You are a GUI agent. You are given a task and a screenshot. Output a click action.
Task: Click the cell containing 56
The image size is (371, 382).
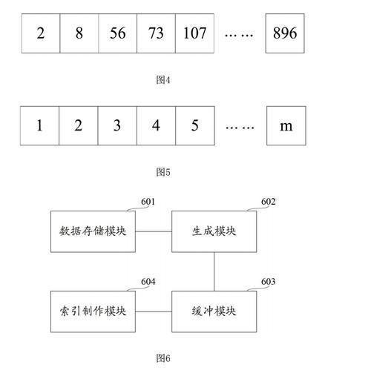117,33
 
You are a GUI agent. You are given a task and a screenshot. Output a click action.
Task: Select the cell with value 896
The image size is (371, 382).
286,33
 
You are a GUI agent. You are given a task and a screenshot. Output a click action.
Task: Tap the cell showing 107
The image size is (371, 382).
194,33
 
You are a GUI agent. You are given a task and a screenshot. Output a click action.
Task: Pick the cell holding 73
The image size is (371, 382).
156,33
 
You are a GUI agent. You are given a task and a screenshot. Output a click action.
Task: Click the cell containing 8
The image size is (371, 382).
79,33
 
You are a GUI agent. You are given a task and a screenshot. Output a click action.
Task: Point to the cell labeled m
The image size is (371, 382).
286,125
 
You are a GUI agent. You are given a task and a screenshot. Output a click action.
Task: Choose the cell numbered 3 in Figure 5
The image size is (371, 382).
117,125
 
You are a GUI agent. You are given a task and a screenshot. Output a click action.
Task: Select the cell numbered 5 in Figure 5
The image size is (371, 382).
194,125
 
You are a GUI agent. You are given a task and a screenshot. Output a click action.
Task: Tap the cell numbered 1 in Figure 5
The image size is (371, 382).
40,125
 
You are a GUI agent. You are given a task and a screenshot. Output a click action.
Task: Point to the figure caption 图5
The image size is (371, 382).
163,172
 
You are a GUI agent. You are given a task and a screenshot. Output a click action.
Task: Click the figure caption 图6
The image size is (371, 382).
163,358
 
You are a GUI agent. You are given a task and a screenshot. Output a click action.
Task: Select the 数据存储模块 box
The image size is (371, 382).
93,231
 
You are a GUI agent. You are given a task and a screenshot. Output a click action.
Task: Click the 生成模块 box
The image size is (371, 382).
214,231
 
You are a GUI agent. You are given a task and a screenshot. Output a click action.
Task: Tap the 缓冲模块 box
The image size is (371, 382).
214,310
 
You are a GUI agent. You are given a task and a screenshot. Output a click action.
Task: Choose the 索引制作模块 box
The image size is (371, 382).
93,310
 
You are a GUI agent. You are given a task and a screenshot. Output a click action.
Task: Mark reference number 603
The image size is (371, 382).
269,282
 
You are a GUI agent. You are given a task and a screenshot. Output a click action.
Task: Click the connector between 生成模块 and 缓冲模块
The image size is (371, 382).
214,271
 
